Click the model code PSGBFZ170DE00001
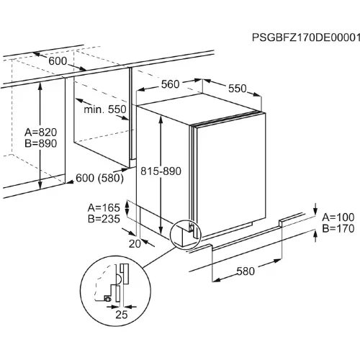(x=306, y=37)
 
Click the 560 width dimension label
(x=170, y=84)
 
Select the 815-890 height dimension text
(x=161, y=171)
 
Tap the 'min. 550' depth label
(x=105, y=109)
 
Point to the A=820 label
(x=41, y=132)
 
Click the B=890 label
(x=41, y=143)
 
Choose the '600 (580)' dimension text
(x=99, y=179)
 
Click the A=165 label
(x=104, y=208)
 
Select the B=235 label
(x=104, y=219)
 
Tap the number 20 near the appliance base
(x=135, y=244)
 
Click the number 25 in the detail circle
(x=122, y=315)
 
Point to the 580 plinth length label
(x=246, y=271)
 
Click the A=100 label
(x=338, y=217)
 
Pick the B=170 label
(x=338, y=228)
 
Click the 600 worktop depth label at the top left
(x=58, y=61)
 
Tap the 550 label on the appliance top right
(x=238, y=89)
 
